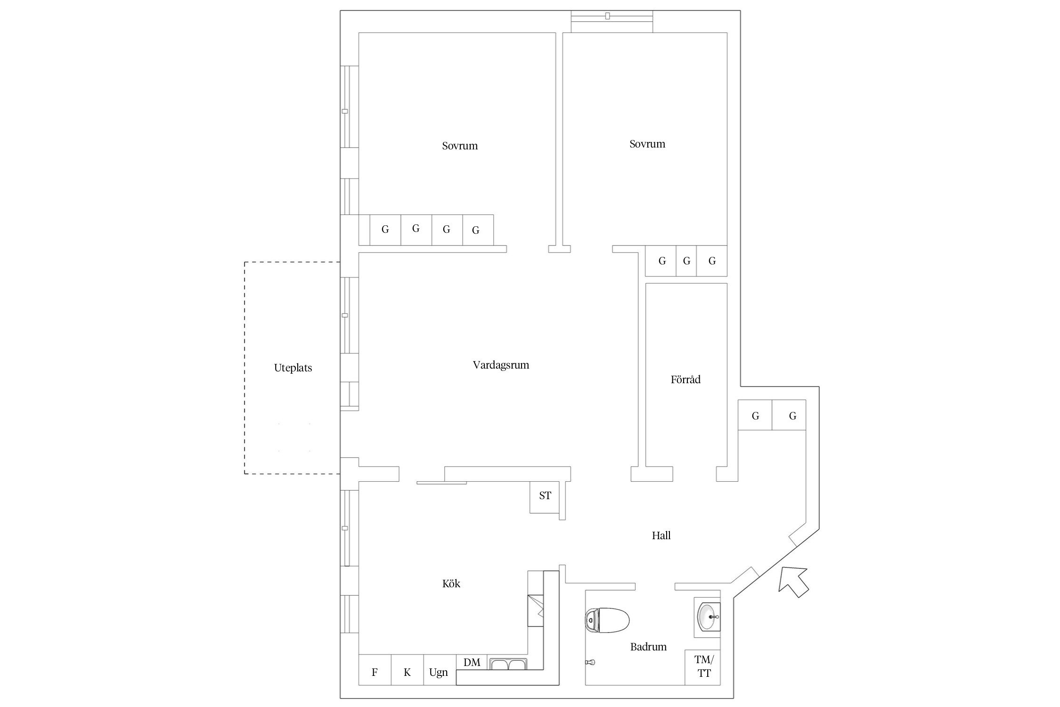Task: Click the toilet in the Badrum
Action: [x=607, y=620]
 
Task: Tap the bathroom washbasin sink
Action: [x=709, y=617]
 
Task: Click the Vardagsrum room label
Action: [x=501, y=365]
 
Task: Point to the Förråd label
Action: [x=685, y=379]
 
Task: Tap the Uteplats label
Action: [x=293, y=368]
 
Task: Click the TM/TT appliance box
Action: [x=702, y=667]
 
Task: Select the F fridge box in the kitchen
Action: [x=375, y=670]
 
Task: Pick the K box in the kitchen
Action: [x=408, y=670]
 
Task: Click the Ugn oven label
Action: [x=439, y=673]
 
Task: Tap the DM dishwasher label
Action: [x=472, y=662]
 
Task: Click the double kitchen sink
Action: [x=508, y=664]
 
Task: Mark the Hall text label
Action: [x=661, y=535]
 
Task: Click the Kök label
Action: [x=451, y=584]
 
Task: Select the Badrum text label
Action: [x=648, y=647]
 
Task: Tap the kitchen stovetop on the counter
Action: [x=536, y=610]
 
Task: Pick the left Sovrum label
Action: [x=460, y=146]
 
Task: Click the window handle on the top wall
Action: [x=608, y=16]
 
